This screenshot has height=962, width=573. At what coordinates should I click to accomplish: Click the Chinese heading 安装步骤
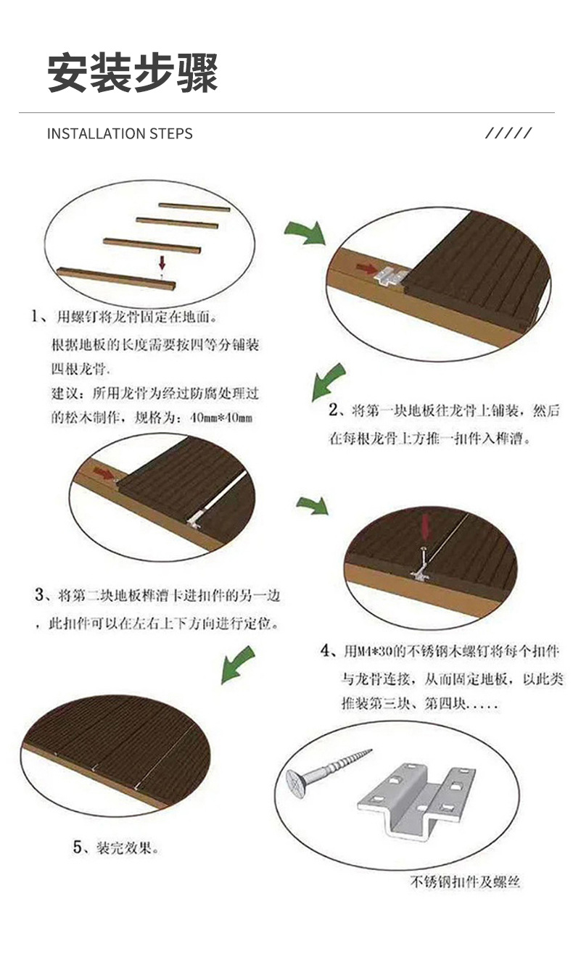132,72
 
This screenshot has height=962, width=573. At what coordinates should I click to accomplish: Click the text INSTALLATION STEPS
120,133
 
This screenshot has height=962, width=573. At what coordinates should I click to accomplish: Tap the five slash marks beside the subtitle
508,133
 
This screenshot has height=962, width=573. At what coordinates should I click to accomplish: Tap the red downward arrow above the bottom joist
162,262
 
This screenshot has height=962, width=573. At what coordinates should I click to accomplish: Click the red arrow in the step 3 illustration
104,473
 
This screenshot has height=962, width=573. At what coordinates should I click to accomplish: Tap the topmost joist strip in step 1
194,207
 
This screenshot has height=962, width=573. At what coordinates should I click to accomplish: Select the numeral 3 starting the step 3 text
39,595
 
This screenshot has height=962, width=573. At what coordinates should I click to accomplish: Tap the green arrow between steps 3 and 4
313,506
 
